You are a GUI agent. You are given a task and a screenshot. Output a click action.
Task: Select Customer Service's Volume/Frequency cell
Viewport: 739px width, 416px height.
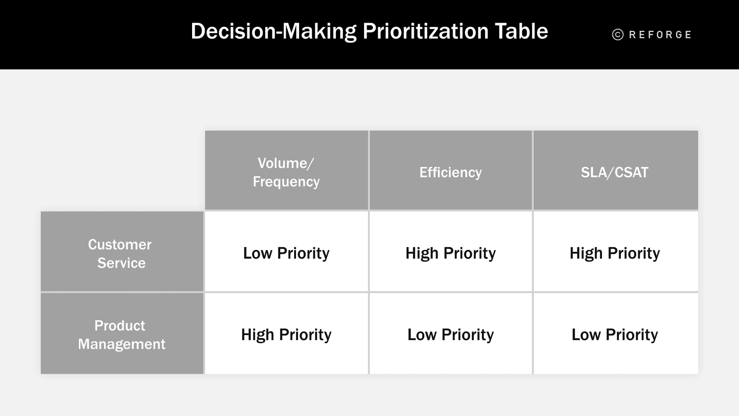286,253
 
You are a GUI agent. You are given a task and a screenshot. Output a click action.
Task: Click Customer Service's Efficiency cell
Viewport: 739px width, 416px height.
450,253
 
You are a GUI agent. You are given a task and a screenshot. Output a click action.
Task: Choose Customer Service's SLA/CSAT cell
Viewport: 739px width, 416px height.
615,253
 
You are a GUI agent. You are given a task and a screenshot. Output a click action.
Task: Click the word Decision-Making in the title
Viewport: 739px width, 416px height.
273,32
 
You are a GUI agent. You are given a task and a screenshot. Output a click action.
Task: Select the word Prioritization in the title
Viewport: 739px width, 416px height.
425,32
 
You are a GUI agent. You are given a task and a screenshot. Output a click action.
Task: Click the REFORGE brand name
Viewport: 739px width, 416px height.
660,35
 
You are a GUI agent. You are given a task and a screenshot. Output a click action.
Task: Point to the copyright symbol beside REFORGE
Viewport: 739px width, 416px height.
618,35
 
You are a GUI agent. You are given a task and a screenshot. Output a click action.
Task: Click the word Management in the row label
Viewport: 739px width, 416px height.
122,344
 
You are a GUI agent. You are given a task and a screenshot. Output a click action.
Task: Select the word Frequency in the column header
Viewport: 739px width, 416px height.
286,182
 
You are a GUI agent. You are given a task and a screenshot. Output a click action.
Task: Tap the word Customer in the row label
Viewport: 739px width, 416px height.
120,244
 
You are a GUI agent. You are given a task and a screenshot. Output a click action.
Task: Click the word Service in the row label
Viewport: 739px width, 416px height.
121,263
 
